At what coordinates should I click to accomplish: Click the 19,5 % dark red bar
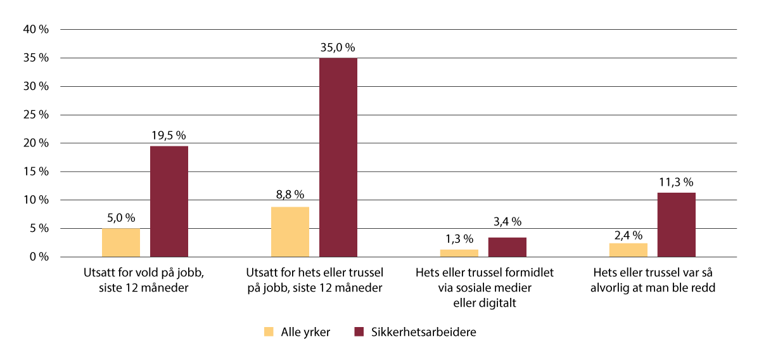pos(169,202)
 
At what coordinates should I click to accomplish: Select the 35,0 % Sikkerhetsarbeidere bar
pos(338,157)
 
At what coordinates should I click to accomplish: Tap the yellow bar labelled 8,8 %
pos(290,232)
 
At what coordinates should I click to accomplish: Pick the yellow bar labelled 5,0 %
pos(121,243)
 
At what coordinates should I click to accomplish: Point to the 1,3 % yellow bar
pos(459,253)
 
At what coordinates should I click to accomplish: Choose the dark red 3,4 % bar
pos(507,247)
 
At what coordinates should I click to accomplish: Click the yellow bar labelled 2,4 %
pos(628,250)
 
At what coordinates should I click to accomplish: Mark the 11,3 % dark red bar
pos(677,225)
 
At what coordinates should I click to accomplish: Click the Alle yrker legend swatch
pos(269,331)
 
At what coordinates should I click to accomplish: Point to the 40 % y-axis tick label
pos(36,29)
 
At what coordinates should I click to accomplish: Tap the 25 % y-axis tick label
pos(36,115)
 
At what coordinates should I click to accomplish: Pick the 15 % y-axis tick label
pos(36,172)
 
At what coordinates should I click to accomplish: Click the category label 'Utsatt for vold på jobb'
pos(145,280)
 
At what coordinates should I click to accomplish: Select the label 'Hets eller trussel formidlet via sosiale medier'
pos(485,287)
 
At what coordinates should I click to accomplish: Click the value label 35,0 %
pos(338,48)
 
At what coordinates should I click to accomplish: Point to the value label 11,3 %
pos(677,183)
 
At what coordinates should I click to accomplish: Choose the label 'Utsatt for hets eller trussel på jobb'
pos(314,280)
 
